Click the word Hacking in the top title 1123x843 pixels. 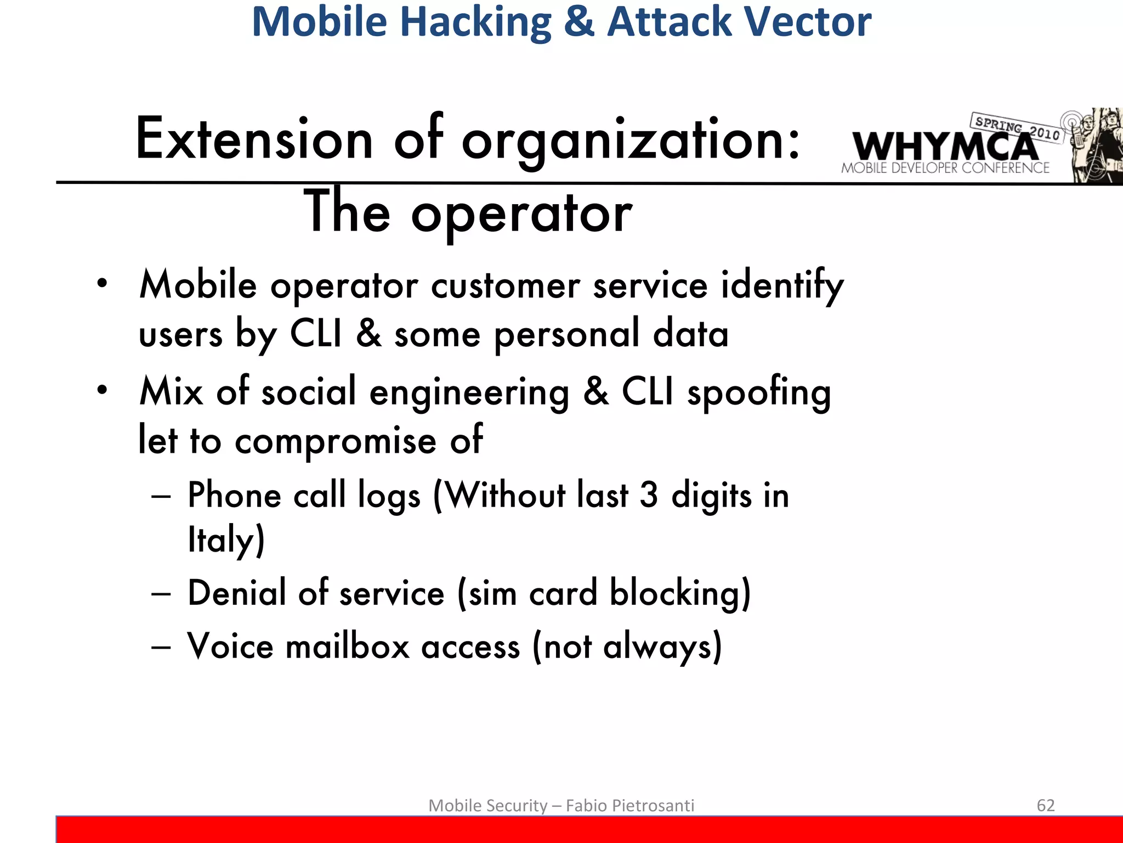(x=475, y=22)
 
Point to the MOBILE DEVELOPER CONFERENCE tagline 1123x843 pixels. (x=945, y=168)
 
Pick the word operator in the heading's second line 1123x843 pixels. (x=521, y=213)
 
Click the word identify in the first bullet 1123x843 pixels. (x=782, y=286)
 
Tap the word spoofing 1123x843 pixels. (x=759, y=393)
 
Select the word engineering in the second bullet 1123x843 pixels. (x=469, y=393)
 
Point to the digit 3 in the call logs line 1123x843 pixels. (x=649, y=495)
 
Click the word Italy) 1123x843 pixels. (x=226, y=539)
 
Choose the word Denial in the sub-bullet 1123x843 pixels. (x=237, y=593)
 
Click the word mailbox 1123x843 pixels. (x=348, y=647)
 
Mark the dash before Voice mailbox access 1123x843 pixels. (x=161, y=647)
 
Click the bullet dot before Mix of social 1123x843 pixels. (x=102, y=390)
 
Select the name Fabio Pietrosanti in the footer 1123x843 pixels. (x=629, y=805)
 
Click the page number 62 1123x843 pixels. (x=1046, y=805)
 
